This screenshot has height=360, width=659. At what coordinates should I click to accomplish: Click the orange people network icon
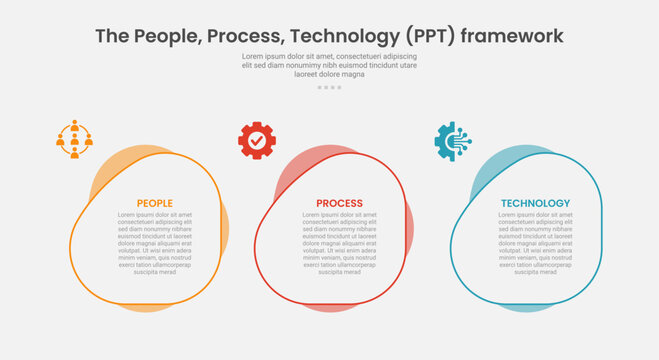click(73, 139)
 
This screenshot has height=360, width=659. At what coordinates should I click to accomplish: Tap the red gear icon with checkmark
click(257, 141)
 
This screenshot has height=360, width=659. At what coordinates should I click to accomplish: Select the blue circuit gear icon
click(452, 141)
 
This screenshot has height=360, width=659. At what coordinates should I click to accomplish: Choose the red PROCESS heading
click(339, 203)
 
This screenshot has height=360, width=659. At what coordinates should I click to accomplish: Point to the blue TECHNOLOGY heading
click(535, 203)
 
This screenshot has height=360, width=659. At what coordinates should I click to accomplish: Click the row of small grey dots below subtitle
click(329, 87)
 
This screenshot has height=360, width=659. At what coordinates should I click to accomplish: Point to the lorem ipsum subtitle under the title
click(329, 65)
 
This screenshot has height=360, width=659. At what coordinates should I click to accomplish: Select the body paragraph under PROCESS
click(339, 243)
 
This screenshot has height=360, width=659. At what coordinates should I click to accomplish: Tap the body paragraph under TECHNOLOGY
click(535, 243)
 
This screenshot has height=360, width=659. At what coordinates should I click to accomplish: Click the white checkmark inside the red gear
click(257, 141)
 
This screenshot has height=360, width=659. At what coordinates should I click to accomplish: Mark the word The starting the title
click(113, 36)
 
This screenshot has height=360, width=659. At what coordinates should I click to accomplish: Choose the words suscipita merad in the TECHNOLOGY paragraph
click(535, 272)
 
